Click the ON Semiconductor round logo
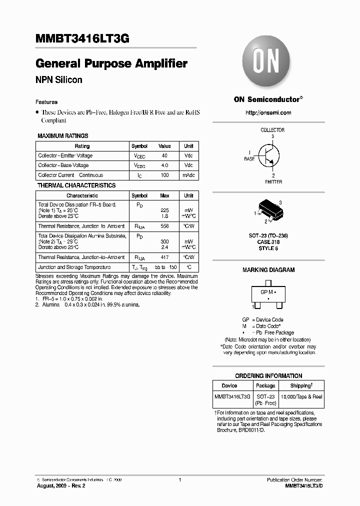click(x=268, y=64)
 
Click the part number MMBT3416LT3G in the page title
click(x=82, y=41)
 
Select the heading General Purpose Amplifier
click(x=111, y=64)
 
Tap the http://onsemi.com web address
click(x=268, y=113)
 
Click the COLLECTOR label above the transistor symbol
click(x=272, y=130)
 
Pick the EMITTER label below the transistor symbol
click(x=273, y=182)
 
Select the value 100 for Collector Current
click(x=164, y=175)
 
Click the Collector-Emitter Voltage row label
click(x=65, y=155)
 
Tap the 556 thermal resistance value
click(x=164, y=226)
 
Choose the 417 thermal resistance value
click(x=164, y=257)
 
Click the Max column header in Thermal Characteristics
click(x=164, y=195)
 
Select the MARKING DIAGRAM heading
click(x=268, y=270)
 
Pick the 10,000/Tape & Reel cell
click(x=301, y=396)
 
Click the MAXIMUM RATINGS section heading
click(x=63, y=136)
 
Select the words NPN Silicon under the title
click(x=58, y=80)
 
